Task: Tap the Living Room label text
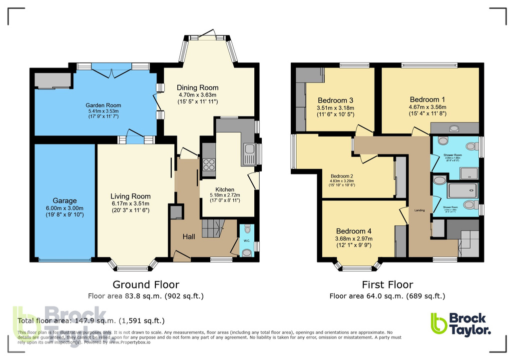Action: click(130, 196)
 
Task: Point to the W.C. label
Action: click(247, 240)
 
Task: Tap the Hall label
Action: click(188, 236)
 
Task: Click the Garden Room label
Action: click(103, 105)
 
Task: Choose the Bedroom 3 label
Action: click(335, 99)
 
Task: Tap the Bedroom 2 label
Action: click(342, 176)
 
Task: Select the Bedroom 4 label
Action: click(354, 231)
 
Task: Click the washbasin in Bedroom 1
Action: click(454, 128)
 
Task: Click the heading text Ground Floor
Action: click(145, 284)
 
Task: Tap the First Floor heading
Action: click(387, 284)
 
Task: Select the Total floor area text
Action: click(91, 320)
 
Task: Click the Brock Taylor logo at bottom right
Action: click(460, 323)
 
